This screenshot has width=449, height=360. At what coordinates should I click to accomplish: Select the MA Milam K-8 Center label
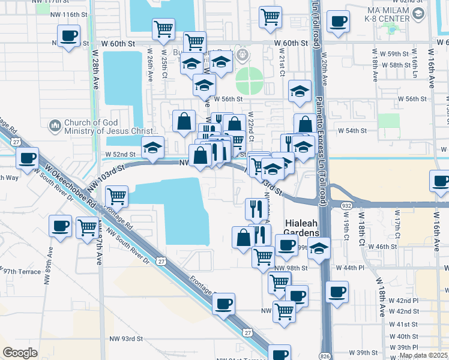pos(387,14)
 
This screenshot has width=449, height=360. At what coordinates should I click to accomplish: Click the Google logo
pos(20,353)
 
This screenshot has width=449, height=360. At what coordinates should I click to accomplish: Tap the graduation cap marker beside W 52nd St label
pos(153,148)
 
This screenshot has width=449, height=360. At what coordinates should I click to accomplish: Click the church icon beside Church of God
pos(55,125)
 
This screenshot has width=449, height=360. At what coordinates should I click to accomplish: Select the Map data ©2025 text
pos(424,355)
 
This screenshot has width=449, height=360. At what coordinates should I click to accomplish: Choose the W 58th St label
pos(403,65)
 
